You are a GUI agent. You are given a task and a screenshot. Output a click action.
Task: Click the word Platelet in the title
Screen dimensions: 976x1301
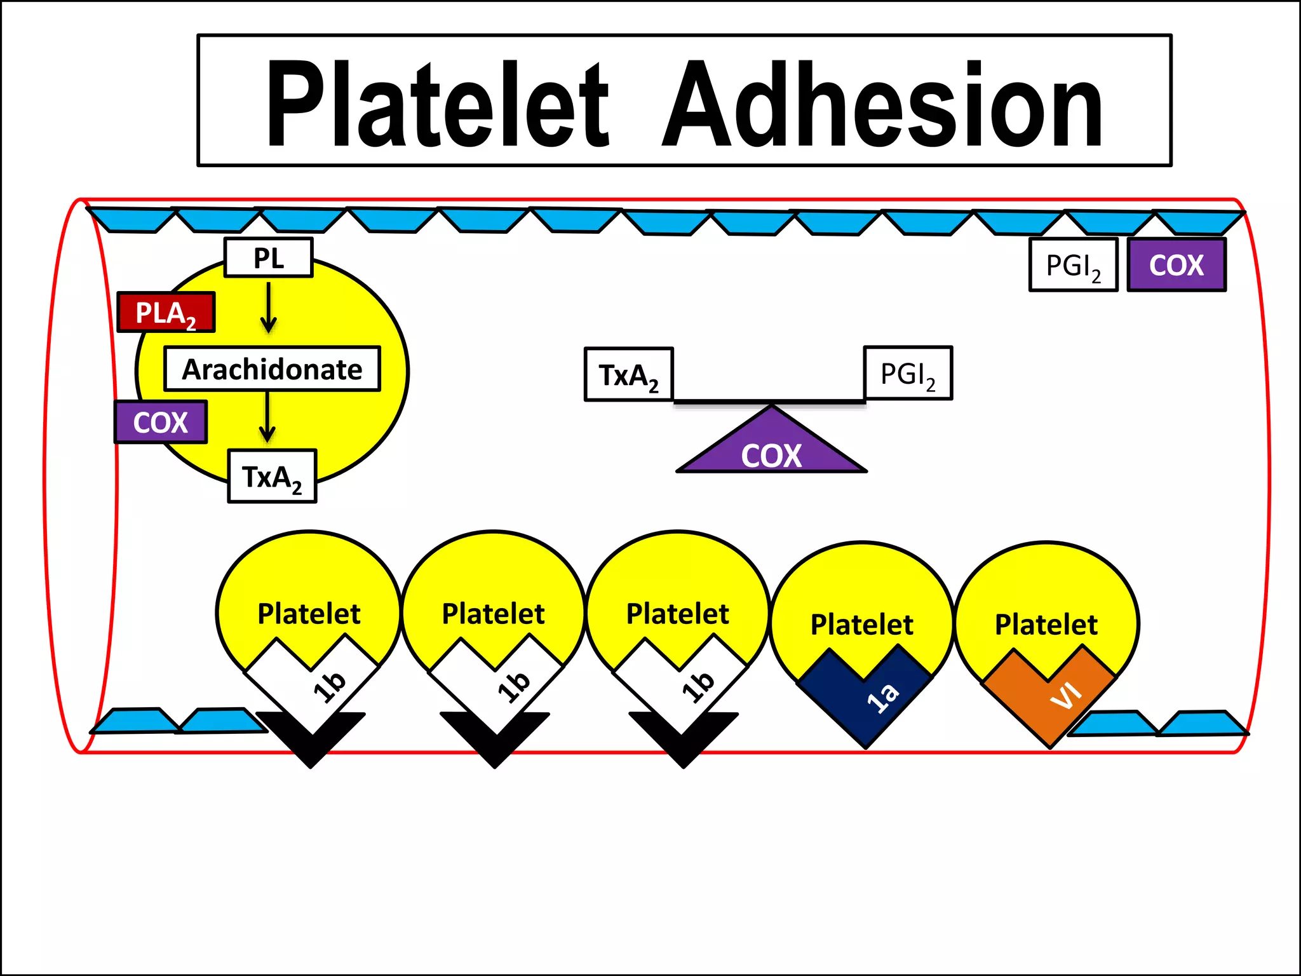438,105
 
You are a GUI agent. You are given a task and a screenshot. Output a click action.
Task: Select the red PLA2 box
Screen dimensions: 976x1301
166,312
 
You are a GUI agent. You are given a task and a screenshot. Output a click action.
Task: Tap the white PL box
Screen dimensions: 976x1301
268,258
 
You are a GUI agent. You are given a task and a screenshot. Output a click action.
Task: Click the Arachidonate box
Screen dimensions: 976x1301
272,369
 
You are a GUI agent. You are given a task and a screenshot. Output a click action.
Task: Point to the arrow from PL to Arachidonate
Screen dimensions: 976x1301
269,308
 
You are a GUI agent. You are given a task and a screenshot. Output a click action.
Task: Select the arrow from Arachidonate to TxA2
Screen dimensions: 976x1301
267,417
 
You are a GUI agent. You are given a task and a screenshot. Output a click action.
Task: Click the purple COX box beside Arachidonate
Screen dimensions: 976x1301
161,423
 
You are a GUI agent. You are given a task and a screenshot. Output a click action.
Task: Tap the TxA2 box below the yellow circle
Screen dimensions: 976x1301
272,477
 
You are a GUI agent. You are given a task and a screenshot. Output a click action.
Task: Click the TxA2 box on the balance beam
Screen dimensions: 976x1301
628,375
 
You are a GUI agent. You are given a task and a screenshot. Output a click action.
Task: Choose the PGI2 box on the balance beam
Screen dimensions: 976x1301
908,374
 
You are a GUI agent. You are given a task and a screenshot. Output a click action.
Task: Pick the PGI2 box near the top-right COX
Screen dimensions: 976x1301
1073,265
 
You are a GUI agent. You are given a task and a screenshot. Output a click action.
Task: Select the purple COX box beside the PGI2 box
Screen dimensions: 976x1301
1176,265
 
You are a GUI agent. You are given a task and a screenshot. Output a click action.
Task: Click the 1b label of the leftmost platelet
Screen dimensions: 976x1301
330,686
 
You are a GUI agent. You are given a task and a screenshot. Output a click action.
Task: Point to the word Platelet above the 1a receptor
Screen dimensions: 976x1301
861,625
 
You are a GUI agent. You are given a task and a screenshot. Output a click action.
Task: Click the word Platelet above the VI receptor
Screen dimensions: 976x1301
1046,625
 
